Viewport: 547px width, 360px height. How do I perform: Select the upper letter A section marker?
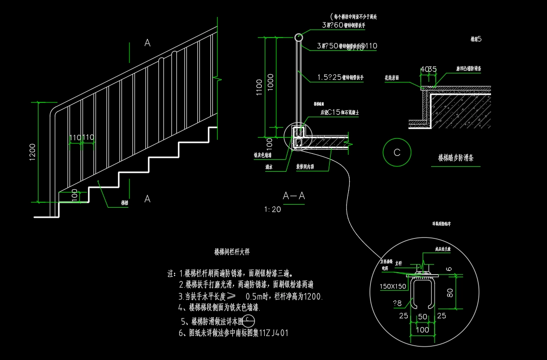147,43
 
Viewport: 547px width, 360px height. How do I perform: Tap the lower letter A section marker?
147,199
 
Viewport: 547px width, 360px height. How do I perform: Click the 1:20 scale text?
273,210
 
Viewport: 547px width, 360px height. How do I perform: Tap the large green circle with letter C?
397,153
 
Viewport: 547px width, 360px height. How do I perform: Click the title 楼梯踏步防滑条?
459,158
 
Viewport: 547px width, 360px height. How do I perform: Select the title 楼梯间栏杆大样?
232,252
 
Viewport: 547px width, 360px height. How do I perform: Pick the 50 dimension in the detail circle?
422,317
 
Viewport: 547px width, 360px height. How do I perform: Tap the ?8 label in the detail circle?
398,303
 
